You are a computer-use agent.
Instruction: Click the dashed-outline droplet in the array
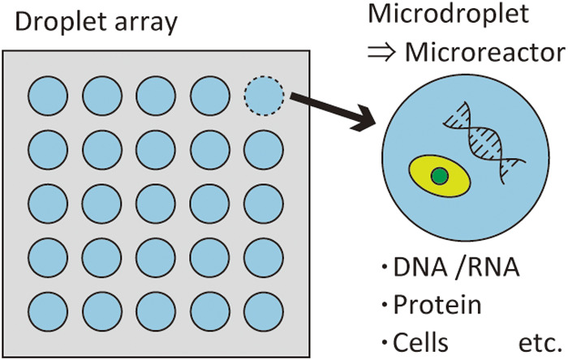(x=264, y=96)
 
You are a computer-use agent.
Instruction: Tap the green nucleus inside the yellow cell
(x=440, y=176)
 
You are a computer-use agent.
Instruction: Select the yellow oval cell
(x=440, y=176)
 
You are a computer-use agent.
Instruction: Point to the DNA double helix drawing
(x=484, y=142)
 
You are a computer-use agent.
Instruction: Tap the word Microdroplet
(x=449, y=14)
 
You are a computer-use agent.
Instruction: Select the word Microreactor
(x=485, y=53)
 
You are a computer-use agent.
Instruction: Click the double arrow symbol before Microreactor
(x=381, y=54)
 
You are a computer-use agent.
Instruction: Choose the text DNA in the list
(x=420, y=268)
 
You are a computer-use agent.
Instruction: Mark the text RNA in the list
(x=493, y=268)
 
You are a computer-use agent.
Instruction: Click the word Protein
(x=437, y=305)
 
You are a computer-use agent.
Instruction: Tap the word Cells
(x=420, y=342)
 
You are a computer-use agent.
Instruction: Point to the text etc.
(x=540, y=343)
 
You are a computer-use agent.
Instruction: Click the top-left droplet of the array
(x=48, y=96)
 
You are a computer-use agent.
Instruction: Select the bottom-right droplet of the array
(x=264, y=312)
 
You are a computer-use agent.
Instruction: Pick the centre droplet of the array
(x=156, y=204)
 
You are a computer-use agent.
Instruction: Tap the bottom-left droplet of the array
(x=48, y=312)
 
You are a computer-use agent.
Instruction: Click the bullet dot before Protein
(x=385, y=305)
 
